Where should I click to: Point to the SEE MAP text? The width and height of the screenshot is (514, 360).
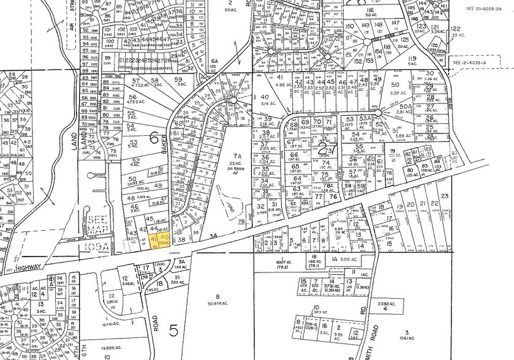click(99, 225)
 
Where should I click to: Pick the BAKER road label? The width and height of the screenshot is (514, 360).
click(165, 146)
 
